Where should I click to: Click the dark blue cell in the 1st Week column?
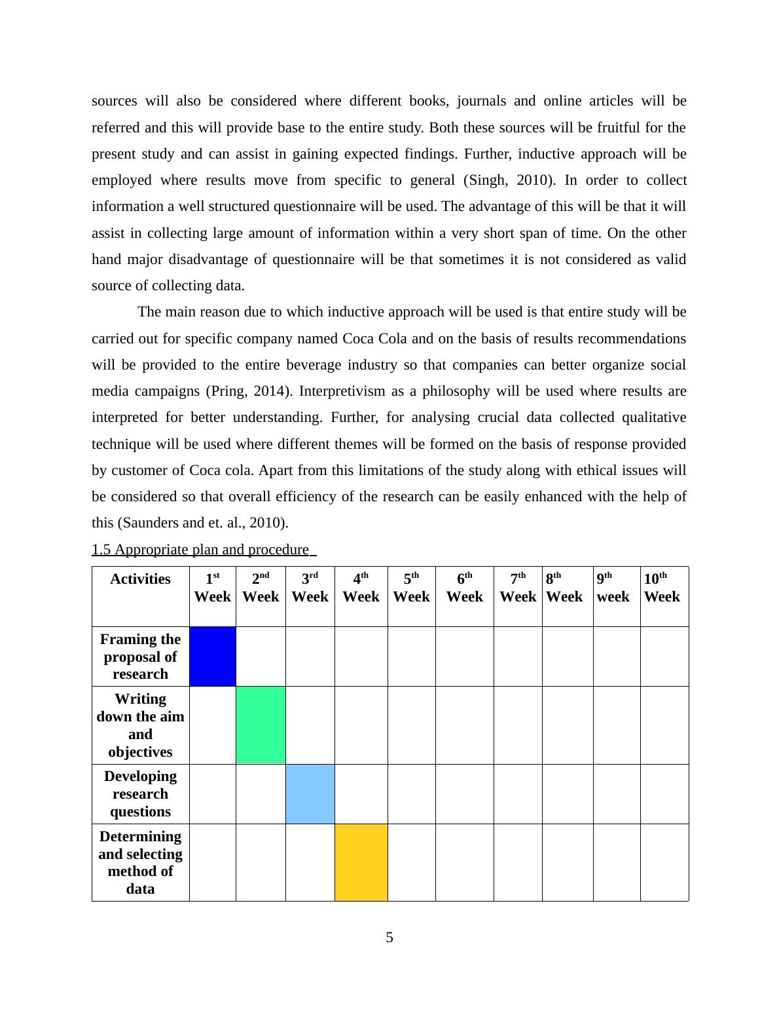213,657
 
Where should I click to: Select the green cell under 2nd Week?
261,725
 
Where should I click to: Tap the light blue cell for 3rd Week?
310,793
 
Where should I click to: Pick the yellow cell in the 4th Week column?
361,862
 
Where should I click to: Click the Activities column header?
140,579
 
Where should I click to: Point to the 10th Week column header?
662,588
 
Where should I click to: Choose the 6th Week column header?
464,588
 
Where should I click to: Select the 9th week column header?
613,588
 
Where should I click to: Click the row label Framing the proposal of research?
140,657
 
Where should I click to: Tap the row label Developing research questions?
140,793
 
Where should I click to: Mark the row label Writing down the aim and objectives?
140,725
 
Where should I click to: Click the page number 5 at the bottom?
389,938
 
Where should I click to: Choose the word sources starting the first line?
114,101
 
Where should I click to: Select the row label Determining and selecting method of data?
140,862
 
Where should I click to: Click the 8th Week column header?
564,588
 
